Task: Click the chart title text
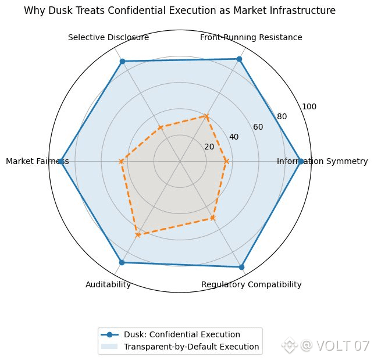point(180,10)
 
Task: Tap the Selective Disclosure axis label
point(108,38)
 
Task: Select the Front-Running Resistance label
point(251,38)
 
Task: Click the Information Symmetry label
point(322,161)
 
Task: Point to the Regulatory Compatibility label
point(251,284)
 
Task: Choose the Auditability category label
point(108,284)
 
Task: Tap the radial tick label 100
point(309,107)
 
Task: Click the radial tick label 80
point(282,117)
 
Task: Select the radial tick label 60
point(258,127)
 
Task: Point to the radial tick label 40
point(234,137)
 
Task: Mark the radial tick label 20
point(209,147)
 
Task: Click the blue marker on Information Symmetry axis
point(301,161)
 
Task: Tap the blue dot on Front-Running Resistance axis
point(239,59)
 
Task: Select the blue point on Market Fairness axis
point(61,161)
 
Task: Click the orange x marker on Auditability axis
point(138,235)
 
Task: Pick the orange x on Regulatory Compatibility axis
point(213,218)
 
